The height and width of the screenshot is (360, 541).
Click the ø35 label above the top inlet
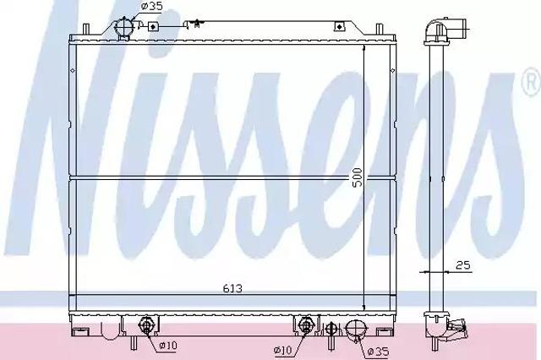(x=152, y=6)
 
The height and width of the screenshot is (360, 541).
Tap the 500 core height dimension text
(x=358, y=177)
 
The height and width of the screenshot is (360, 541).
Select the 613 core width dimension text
(x=232, y=288)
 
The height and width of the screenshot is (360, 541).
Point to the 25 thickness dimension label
(x=463, y=265)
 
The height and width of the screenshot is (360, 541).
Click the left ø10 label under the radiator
(x=168, y=345)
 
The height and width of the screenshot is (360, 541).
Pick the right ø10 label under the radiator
(x=283, y=351)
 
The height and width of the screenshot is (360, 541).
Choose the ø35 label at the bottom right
(x=378, y=352)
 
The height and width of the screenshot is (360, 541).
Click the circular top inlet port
(x=123, y=26)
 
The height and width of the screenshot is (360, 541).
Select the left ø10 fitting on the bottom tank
(x=145, y=325)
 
